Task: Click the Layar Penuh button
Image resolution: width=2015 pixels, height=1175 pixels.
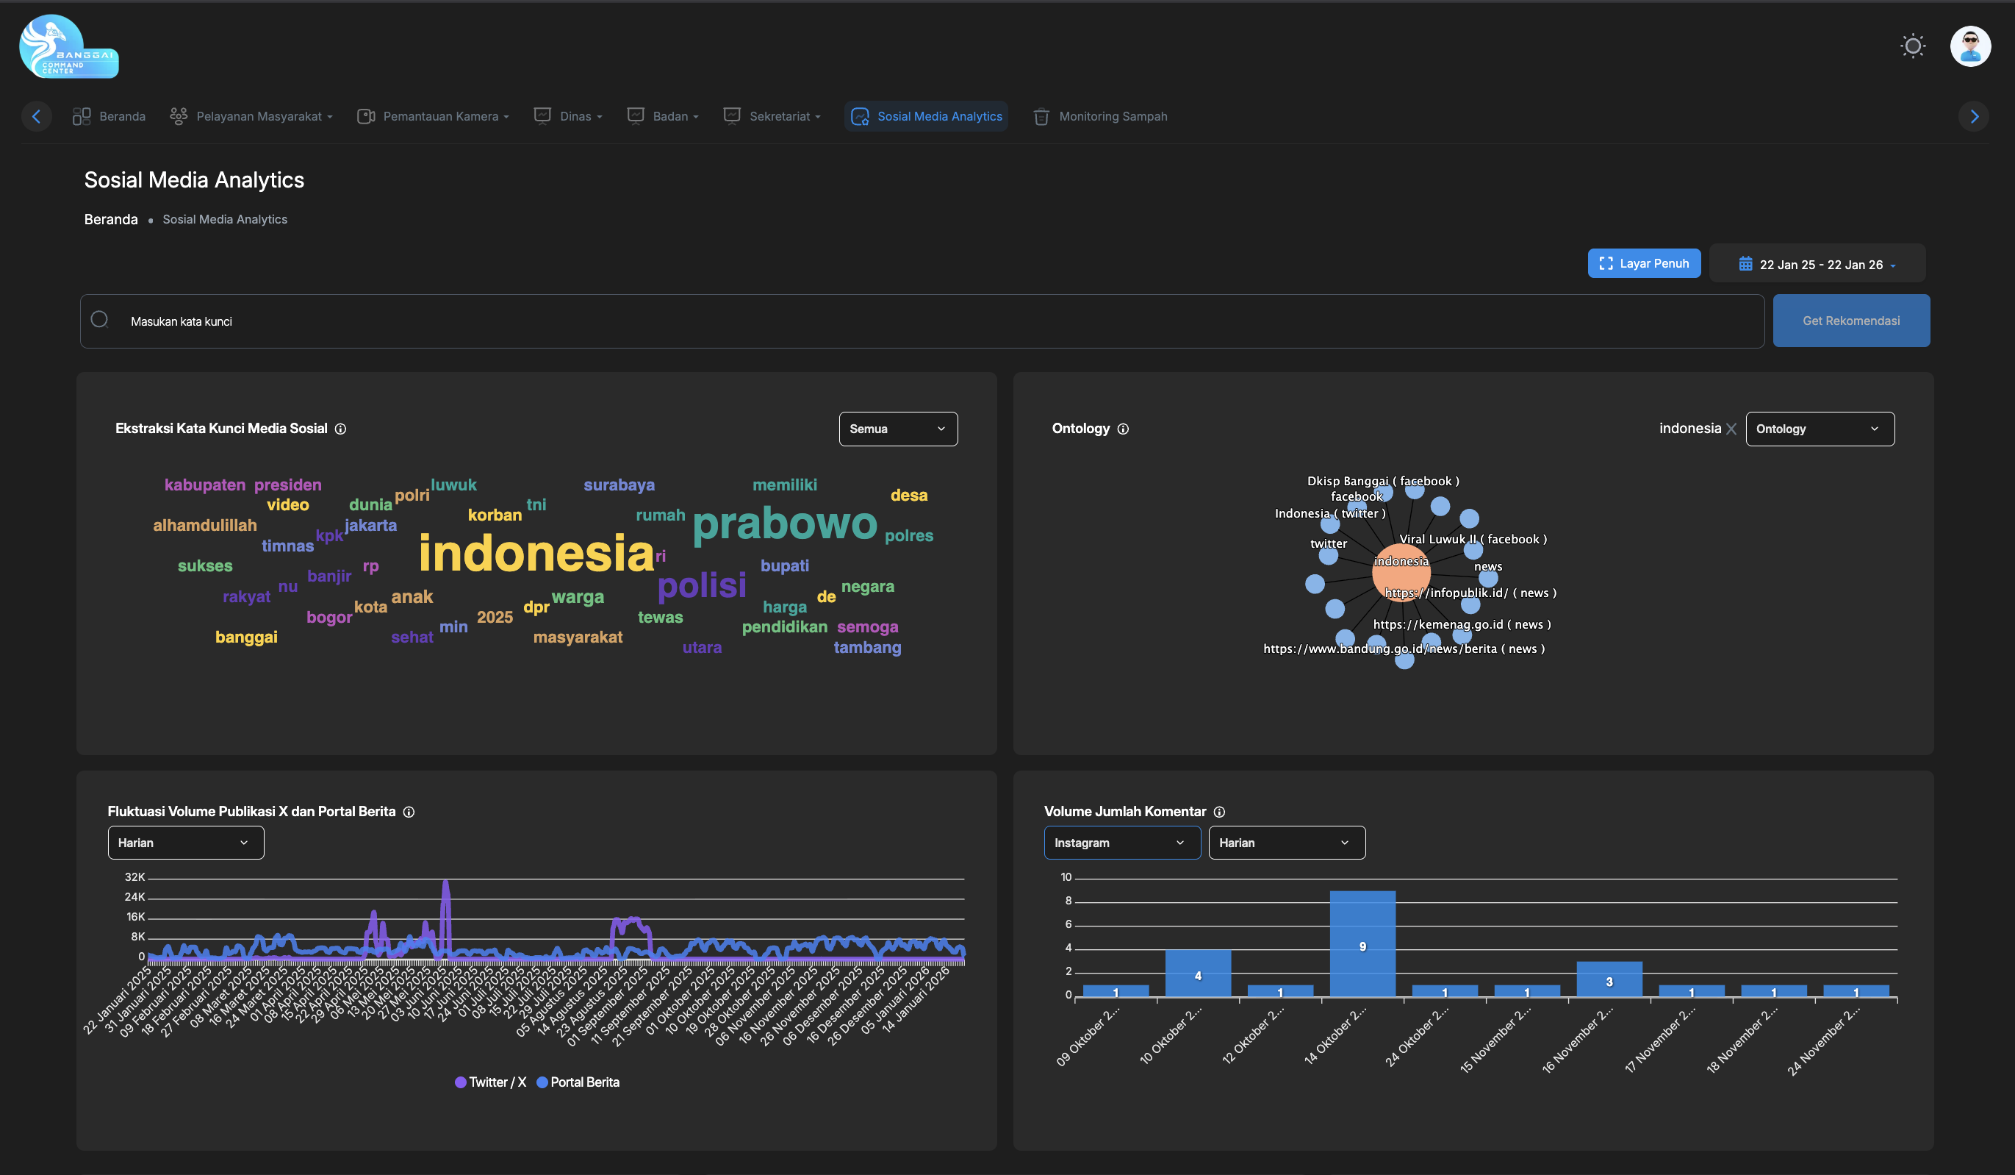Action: point(1643,263)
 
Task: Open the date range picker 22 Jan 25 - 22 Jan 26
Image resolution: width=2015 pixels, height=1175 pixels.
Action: point(1816,264)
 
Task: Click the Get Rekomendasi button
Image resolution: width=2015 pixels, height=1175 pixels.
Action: point(1850,321)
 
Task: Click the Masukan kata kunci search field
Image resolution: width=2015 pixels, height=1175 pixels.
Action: point(919,321)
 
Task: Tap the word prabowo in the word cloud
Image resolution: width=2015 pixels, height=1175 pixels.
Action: point(783,524)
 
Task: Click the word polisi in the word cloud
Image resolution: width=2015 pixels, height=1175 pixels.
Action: point(701,585)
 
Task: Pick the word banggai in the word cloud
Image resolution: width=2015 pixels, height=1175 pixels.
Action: point(246,637)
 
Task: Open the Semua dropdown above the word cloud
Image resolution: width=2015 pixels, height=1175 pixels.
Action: point(897,429)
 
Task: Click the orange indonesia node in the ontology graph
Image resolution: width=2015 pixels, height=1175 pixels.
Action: point(1400,571)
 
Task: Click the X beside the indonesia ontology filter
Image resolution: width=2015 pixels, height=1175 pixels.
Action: point(1731,429)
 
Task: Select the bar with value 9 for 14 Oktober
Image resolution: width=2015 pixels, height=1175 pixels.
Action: point(1362,944)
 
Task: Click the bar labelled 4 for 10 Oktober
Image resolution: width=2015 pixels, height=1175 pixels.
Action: point(1197,974)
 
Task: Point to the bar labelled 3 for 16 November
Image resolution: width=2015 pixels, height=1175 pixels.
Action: point(1608,979)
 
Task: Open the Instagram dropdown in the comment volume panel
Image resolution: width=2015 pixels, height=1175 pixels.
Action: point(1121,842)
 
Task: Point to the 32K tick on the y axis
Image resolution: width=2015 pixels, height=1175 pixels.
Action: point(134,876)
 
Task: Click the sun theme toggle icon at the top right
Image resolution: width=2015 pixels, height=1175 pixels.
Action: point(1912,46)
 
